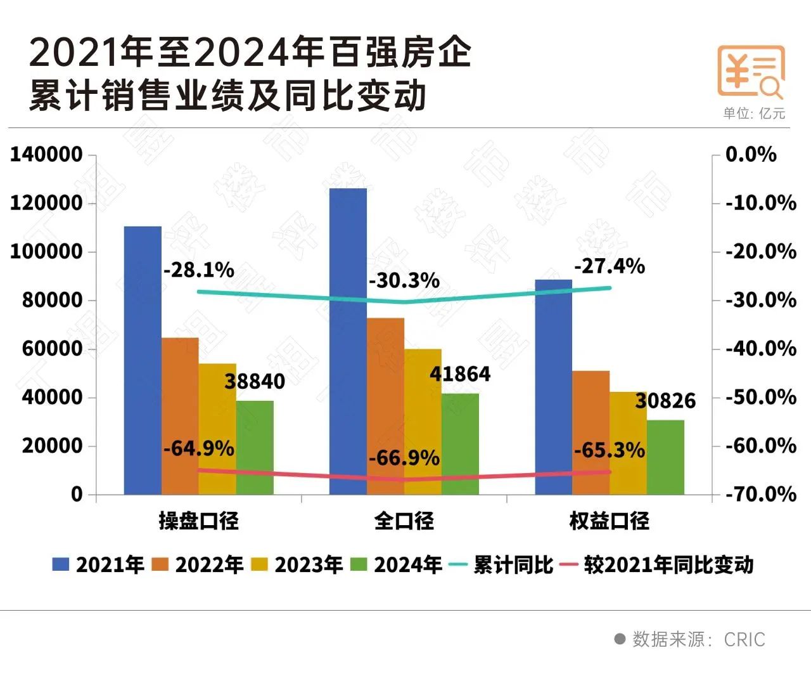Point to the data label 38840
click(x=255, y=381)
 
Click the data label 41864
click(x=460, y=374)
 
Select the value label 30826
click(x=665, y=401)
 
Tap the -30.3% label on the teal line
click(x=404, y=280)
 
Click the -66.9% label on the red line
click(x=404, y=457)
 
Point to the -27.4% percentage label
click(x=610, y=266)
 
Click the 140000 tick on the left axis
click(x=46, y=154)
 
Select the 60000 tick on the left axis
click(x=53, y=348)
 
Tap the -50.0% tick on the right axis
click(x=760, y=397)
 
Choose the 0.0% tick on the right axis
click(x=751, y=154)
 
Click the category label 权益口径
click(x=610, y=521)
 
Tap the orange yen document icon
click(x=751, y=71)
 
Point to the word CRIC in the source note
click(x=744, y=639)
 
